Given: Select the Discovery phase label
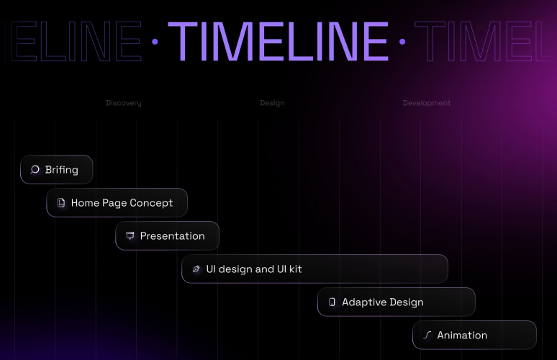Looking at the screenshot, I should coord(124,103).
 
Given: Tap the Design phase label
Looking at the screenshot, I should coord(272,103).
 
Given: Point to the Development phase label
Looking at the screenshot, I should coord(427,103).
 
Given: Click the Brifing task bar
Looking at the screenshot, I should coord(57,170).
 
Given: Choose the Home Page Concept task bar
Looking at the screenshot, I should coord(117,203).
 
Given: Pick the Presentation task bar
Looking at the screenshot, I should coord(168,236).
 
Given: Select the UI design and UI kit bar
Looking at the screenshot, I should coord(314,269).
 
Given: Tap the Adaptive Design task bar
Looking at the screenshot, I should coord(397,302).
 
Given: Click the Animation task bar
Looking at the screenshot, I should coord(474,336).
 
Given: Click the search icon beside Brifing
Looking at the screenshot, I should coord(35,170).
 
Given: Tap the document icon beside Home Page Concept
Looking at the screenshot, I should coord(61,203).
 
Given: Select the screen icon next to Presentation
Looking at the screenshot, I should coord(130,236).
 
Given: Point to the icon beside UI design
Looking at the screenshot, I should coord(196,269).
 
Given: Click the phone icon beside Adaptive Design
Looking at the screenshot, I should coord(332,302).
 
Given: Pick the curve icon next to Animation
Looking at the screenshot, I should coord(427,336).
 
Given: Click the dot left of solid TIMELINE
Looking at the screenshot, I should coord(155,42).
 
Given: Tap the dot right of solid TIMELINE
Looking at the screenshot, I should coord(402,42).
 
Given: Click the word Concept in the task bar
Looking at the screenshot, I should coord(151,203).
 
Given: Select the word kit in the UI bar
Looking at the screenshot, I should coord(295,269).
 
